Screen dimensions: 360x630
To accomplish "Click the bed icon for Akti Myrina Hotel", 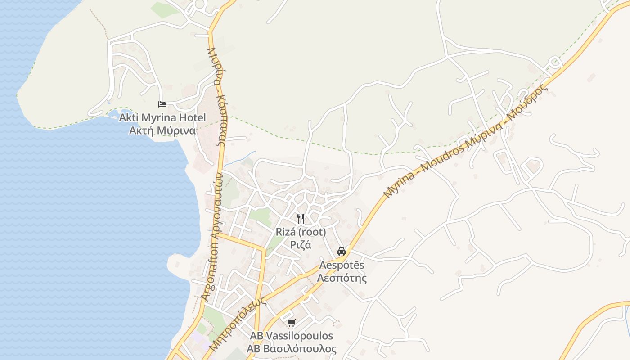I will [x=162, y=104].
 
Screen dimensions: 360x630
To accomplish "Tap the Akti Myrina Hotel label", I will [x=162, y=118].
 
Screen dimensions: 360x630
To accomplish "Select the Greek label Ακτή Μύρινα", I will [x=162, y=131].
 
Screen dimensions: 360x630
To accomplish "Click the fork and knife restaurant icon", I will [x=301, y=219].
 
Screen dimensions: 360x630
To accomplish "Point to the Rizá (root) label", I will [x=301, y=232].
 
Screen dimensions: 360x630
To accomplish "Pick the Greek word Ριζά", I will [x=301, y=245].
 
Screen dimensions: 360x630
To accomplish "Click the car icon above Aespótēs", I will [x=342, y=251].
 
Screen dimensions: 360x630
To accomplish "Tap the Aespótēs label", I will [x=342, y=265].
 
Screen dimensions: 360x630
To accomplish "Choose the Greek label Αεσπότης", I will [x=342, y=278].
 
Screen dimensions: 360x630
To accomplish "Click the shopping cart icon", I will [x=292, y=323].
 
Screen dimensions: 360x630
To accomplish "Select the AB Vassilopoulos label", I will [x=292, y=336].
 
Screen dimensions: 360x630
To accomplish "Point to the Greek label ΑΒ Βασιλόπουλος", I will [x=292, y=349].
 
